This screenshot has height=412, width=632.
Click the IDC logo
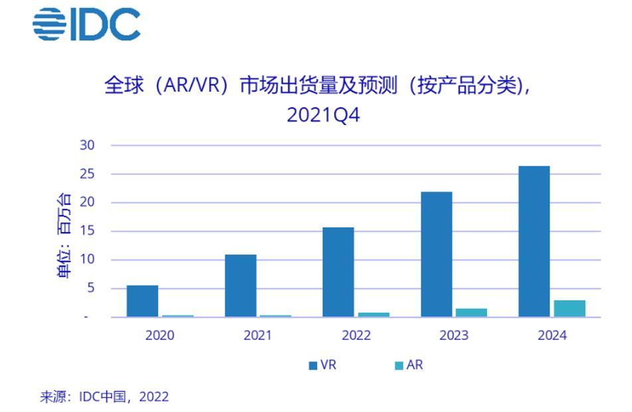(86, 25)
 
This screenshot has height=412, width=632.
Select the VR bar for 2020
(142, 301)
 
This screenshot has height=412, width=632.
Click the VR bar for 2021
(241, 286)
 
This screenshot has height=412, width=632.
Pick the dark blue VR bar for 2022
(338, 272)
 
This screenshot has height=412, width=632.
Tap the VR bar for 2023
(437, 255)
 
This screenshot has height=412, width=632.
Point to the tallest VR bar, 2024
(534, 241)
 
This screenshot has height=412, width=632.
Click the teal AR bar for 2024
(570, 309)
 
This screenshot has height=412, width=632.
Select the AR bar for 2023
(472, 313)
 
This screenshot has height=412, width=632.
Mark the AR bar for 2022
(374, 315)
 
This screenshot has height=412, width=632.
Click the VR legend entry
(322, 365)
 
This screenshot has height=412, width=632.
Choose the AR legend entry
(409, 365)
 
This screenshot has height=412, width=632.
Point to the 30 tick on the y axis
(87, 145)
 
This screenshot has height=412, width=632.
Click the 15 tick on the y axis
(87, 231)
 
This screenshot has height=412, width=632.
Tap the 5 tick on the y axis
(90, 288)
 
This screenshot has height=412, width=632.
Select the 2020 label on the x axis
(159, 336)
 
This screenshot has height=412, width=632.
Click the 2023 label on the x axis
(454, 336)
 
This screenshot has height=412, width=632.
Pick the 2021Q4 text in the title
(323, 116)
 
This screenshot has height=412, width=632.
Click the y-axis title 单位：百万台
(64, 236)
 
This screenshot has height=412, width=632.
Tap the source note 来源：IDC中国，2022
(104, 397)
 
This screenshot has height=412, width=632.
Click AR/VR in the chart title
(191, 86)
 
